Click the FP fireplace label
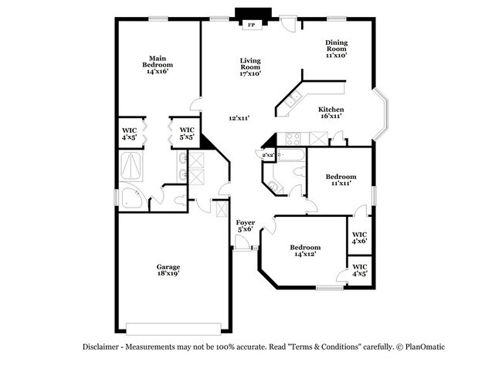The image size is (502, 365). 250,25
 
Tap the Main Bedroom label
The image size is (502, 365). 158,64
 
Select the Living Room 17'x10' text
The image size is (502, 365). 249,67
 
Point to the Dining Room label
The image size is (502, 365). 336,49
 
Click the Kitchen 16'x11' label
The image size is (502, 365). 331,113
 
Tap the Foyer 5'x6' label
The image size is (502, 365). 246,225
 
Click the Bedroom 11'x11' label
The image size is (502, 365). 340,180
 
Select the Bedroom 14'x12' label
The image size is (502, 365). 304,251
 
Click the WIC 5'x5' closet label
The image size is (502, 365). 187,133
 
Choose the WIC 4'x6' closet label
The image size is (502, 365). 359,238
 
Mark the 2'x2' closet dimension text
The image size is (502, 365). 268,155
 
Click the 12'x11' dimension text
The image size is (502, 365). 239,118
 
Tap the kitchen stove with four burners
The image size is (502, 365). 293,139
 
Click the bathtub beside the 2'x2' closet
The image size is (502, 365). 293,157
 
